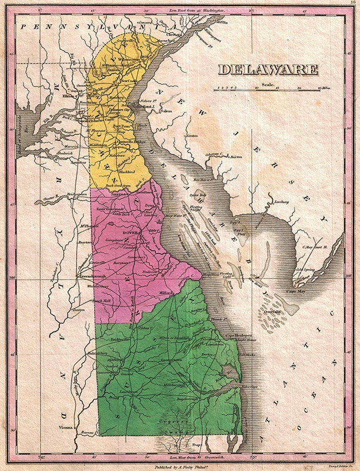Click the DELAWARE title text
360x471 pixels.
[268, 69]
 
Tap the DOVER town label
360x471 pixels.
[129, 232]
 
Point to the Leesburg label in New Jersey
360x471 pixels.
[284, 202]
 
